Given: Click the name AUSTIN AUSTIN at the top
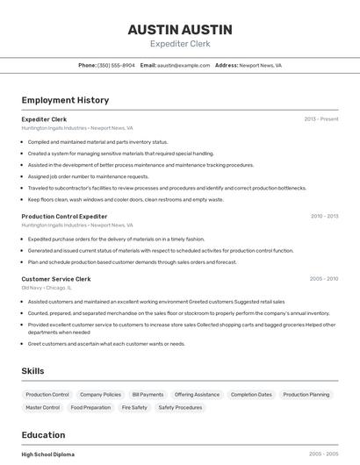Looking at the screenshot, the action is point(180,29).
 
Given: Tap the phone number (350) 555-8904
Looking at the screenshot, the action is point(116,65).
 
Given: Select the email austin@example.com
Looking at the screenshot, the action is point(184,65).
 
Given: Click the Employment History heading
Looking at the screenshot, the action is point(65,100).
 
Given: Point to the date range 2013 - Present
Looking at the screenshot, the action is point(320,119).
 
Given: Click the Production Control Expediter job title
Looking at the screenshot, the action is point(64,216).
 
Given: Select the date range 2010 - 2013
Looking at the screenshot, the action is point(324,216).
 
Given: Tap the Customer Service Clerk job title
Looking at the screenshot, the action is point(56,279).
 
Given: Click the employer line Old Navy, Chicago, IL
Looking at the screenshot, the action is point(47,288).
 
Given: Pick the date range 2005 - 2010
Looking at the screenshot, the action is point(324,279).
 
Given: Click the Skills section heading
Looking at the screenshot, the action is point(32,371).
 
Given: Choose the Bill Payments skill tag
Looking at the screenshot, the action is point(148,395).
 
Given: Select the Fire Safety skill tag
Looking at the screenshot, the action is point(134,408).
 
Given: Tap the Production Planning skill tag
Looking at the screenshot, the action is point(306,395).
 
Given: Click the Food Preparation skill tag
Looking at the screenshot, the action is point(90,408).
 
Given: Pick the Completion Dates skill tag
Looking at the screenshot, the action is point(251,395).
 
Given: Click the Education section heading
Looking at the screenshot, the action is point(43,435).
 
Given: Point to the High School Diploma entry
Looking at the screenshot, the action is point(48,454).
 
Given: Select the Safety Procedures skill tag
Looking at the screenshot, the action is point(180,408).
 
